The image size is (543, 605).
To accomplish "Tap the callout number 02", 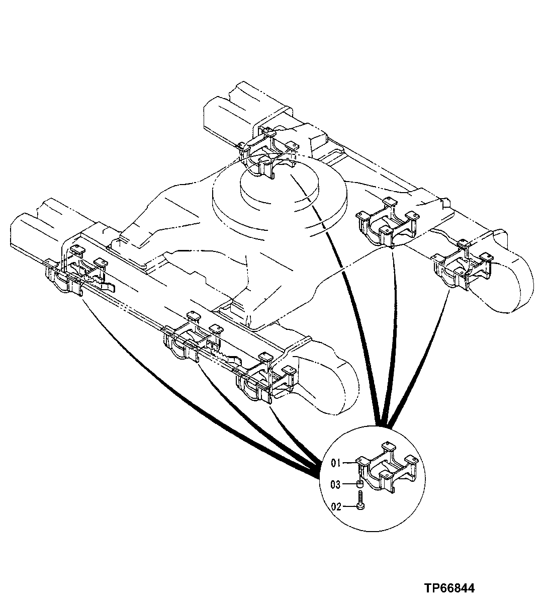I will [x=336, y=507].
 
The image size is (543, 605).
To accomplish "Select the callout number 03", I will [x=336, y=485].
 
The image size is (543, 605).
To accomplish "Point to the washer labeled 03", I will [x=360, y=484].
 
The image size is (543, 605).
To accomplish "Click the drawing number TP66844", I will [x=449, y=588].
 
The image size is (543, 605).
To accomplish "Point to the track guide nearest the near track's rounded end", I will [x=265, y=378].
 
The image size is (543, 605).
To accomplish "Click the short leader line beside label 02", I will [x=349, y=507].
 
